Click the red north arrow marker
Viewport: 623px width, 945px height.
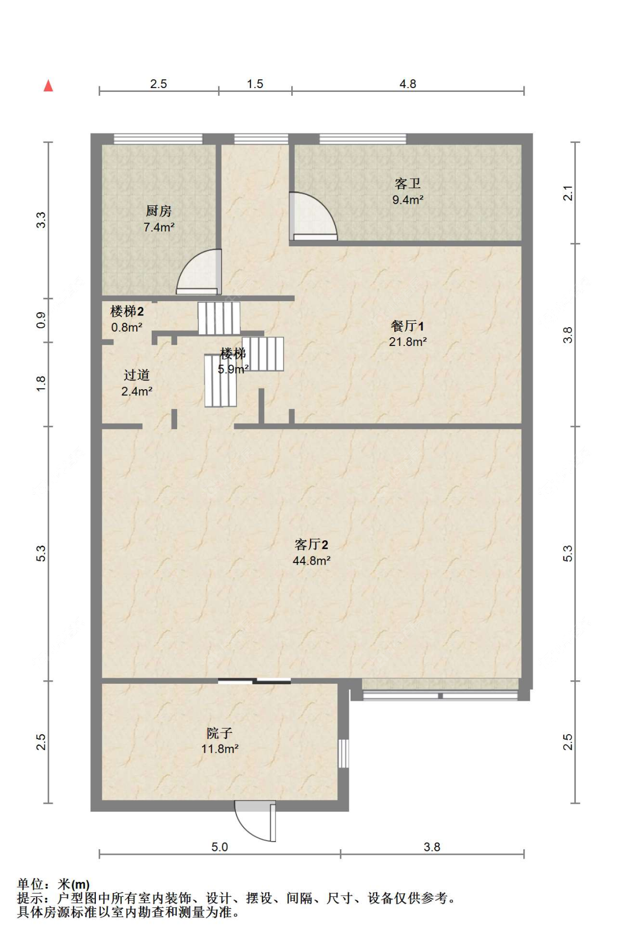pos(49,86)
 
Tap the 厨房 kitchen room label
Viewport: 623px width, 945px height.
pos(159,211)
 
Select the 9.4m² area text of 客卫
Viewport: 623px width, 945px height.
pos(408,200)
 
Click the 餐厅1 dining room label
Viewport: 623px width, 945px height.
pos(407,326)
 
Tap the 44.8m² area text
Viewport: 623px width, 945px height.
pos(311,561)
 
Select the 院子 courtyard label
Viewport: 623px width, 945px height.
pos(219,734)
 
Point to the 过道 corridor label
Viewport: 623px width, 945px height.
pos(137,375)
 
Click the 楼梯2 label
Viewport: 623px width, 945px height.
pos(127,312)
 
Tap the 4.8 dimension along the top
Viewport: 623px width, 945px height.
pos(408,84)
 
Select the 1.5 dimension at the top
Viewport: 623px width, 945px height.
pos(255,84)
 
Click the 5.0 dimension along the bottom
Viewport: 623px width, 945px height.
pos(219,847)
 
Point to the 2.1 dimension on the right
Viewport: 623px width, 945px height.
pos(568,193)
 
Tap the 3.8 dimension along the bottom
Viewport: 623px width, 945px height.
pos(431,847)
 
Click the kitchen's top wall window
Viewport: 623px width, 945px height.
pos(158,138)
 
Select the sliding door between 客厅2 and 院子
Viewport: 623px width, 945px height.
pos(254,681)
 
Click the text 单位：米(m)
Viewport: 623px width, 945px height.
pos(53,884)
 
